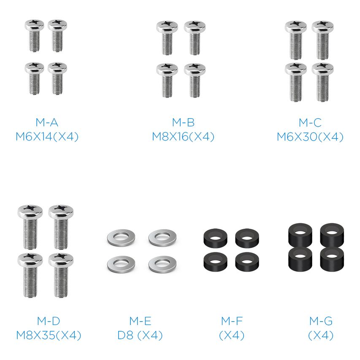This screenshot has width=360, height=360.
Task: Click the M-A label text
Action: pos(47,122)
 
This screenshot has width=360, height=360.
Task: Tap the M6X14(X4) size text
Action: pos(47,137)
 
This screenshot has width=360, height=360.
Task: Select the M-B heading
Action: pos(183,122)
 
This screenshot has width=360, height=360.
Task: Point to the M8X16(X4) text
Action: pos(183,137)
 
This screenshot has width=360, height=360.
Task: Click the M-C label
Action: pos(310,122)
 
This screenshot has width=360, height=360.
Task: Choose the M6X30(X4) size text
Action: pos(310,137)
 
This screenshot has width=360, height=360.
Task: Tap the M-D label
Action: pos(49,321)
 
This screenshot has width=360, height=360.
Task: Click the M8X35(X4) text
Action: pos(49,336)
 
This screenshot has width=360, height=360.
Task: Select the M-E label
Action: pos(140,321)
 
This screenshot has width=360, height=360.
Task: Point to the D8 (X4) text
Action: pos(140,336)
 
